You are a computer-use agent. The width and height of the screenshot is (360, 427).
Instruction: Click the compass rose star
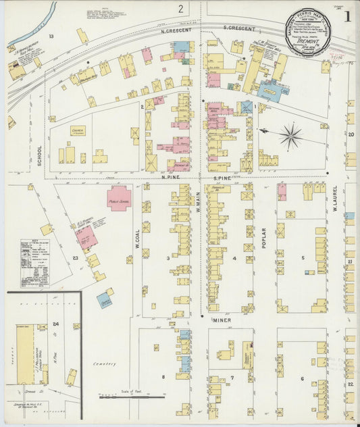tap(291, 136)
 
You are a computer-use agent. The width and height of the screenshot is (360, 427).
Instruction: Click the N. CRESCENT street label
tap(176, 30)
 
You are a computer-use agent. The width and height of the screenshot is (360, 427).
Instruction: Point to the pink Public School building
tap(119, 198)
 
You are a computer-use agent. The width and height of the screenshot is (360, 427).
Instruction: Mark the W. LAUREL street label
tap(335, 199)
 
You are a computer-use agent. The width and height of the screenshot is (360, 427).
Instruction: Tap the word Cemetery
tap(105, 363)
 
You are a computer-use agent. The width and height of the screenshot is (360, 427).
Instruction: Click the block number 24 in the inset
tap(56, 325)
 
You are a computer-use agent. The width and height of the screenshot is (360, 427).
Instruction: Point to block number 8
tap(162, 376)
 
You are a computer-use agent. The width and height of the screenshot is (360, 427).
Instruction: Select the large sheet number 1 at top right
tap(346, 16)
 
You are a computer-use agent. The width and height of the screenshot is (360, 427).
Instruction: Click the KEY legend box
tap(34, 262)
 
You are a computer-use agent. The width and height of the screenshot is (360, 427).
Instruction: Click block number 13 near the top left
tap(51, 35)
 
